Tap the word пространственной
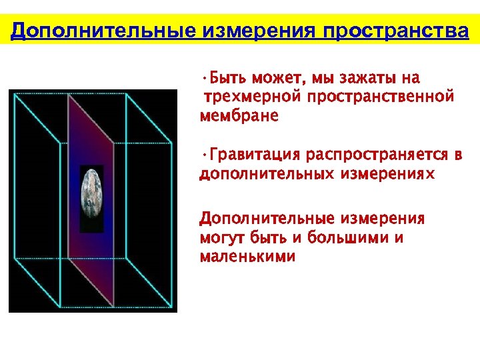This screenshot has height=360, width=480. (x=381, y=97)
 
